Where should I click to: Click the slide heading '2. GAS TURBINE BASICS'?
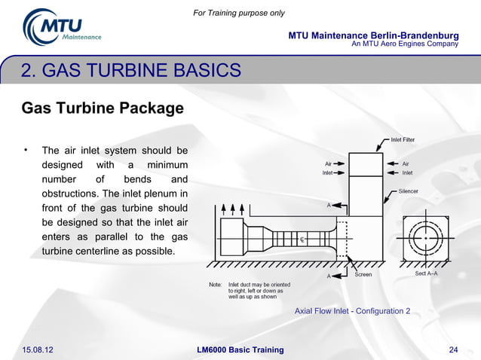click(131, 72)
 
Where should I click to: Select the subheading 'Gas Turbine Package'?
click(103, 108)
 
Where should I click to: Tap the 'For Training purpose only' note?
click(239, 13)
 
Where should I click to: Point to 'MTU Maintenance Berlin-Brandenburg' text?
click(373, 35)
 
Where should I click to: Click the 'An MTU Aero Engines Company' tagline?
click(405, 44)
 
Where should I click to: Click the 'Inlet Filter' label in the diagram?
click(403, 139)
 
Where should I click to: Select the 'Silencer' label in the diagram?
click(409, 191)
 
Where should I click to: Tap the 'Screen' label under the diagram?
click(363, 275)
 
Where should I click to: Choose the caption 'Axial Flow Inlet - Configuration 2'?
click(352, 310)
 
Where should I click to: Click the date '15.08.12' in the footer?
click(43, 349)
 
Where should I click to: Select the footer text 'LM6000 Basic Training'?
click(240, 349)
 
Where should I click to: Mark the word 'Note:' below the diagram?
click(215, 285)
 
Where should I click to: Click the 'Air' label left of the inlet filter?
click(329, 163)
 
